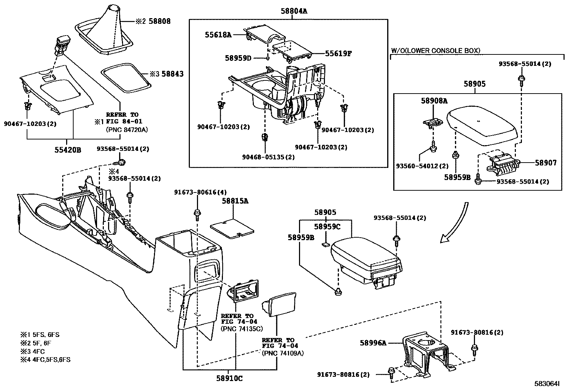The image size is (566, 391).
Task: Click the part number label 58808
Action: [x=160, y=21]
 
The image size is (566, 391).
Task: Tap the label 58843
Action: [x=172, y=74]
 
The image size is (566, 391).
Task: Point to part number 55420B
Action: [x=68, y=150]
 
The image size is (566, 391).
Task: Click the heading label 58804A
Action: [x=293, y=11]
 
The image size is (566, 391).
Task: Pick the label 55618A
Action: [x=218, y=35]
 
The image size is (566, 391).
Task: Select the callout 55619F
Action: [x=338, y=54]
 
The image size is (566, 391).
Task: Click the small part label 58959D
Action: [x=238, y=58]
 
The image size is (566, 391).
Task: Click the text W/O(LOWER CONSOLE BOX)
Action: [x=436, y=51]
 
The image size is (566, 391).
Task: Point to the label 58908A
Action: [x=434, y=101]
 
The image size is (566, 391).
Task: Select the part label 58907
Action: [x=546, y=163]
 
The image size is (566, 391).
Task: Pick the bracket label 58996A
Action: [x=373, y=343]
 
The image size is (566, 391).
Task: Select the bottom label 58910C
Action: [x=229, y=379]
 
